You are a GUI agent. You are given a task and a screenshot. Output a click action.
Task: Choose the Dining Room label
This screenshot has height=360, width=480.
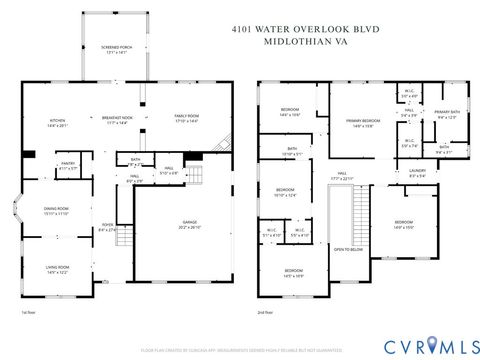(56, 211)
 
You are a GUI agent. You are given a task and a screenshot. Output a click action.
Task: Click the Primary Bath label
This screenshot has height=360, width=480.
(447, 116)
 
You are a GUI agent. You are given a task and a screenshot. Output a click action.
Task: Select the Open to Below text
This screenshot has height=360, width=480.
(349, 249)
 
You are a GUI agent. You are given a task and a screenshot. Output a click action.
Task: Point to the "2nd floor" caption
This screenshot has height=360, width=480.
(267, 312)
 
